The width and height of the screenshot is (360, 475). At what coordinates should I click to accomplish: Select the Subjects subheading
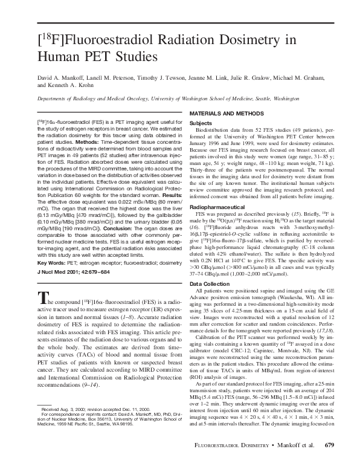pyautogui.click(x=201, y=123)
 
